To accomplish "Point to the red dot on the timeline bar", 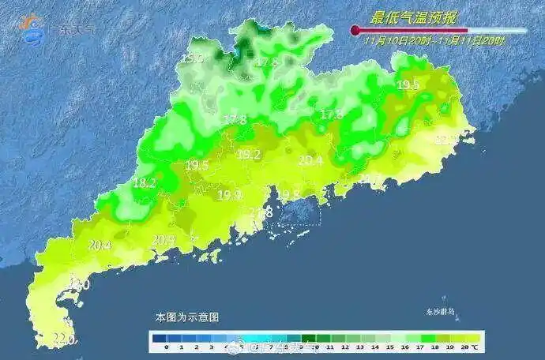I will coord(355,31).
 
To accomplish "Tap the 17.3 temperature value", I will coord(331,114).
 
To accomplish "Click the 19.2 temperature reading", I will coord(249,156).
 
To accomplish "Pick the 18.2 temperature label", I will coord(144,183).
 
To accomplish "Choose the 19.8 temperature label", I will coord(288,194).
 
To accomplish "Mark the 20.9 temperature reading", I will coord(163,239).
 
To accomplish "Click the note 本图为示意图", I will coord(186,316).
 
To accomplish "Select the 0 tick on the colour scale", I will coord(166,347).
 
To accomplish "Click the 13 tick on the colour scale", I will coord(359,347).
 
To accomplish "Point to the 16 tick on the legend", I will coord(404,347).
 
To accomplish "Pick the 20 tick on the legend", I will coord(464,347).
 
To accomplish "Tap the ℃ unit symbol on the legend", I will coord(475,347).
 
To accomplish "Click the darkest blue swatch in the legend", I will coord(166,336).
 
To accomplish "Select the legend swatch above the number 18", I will coord(434,336).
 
